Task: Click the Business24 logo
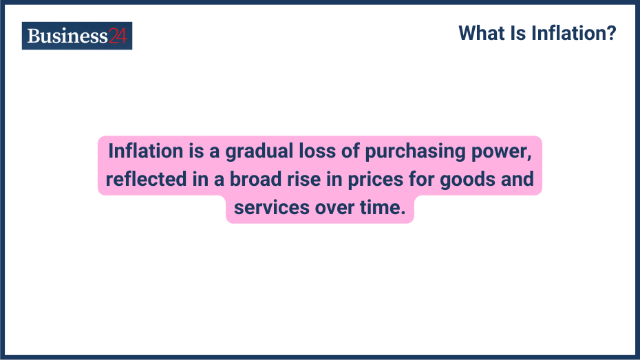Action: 76,36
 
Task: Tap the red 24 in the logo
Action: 118,36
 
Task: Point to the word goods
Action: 470,180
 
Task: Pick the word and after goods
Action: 519,179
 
